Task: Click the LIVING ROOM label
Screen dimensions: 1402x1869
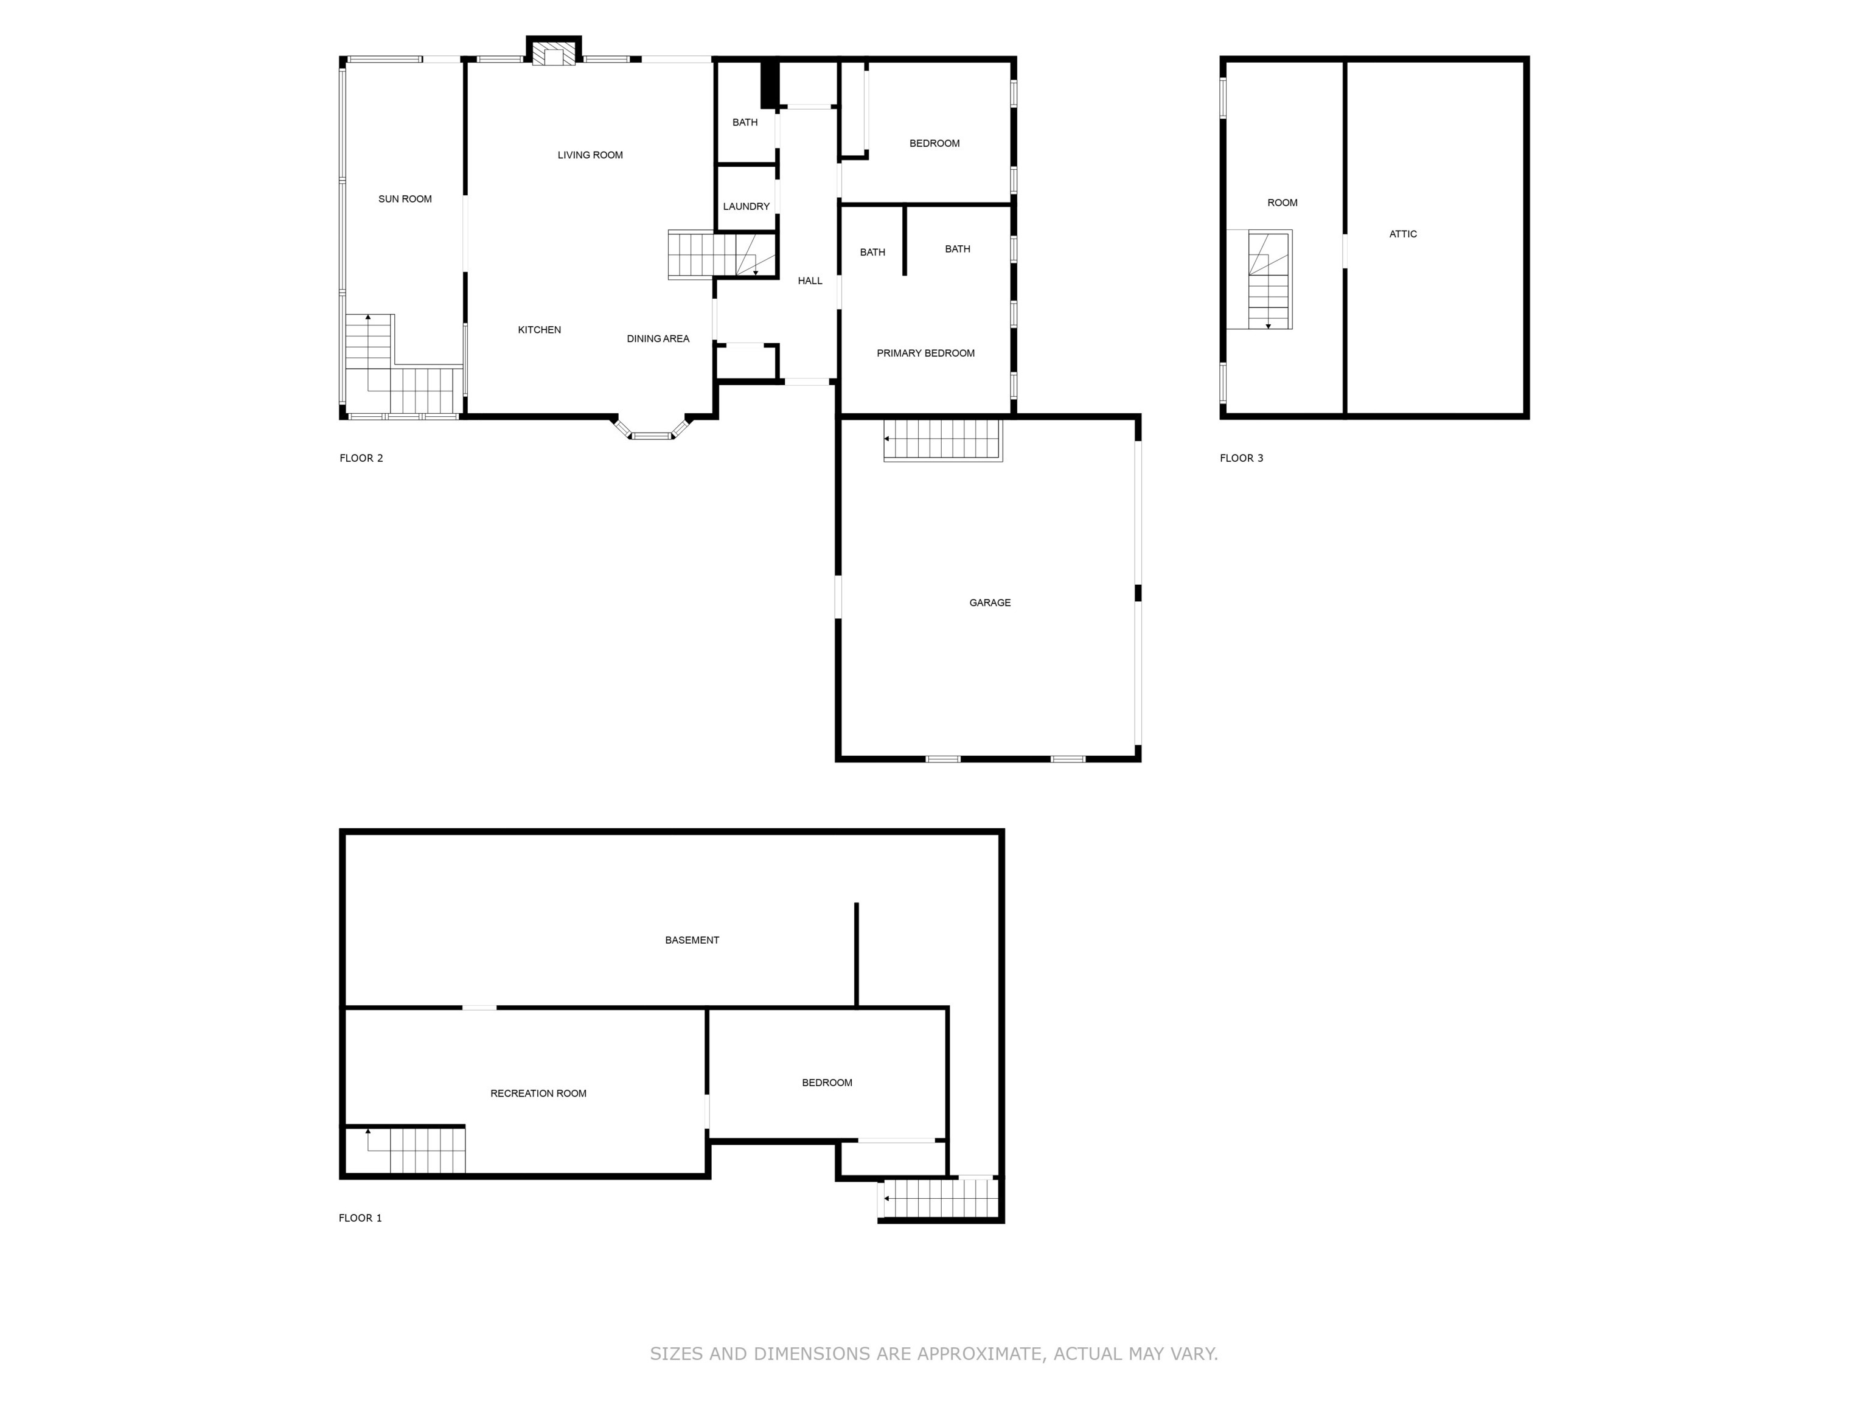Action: point(590,155)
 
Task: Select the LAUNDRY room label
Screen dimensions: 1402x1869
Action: point(746,206)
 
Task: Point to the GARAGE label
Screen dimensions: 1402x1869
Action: point(989,602)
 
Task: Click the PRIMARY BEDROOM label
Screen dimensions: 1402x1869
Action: point(925,354)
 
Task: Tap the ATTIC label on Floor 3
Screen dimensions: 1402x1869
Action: point(1402,234)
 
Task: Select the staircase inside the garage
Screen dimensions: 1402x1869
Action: point(942,439)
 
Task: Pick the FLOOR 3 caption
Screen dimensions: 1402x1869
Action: point(1241,458)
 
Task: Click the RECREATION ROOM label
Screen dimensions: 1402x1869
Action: point(538,1093)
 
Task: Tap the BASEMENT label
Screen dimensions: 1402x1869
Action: point(691,940)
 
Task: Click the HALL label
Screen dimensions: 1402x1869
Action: point(809,281)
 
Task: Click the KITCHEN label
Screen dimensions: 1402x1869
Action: point(539,330)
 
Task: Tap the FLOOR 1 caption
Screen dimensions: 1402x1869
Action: point(360,1218)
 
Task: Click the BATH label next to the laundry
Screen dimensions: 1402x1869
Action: point(745,122)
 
